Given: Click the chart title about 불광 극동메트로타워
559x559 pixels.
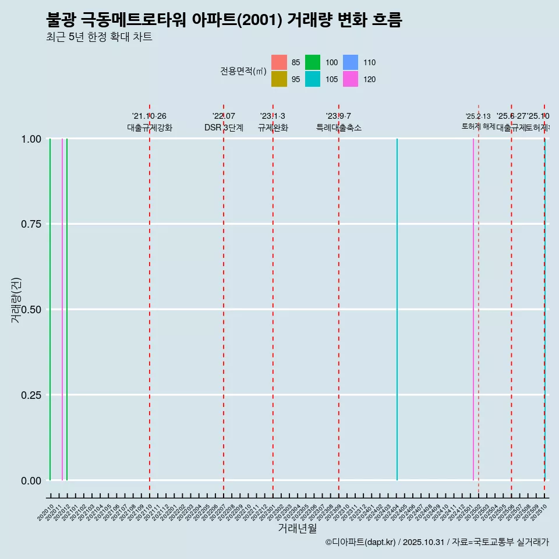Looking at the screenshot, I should pos(224,20).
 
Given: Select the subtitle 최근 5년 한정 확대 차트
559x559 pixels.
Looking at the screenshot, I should pos(99,37).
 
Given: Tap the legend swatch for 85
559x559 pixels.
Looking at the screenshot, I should pos(279,62).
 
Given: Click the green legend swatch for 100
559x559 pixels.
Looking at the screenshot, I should pos(313,62).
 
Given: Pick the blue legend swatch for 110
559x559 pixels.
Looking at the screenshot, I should pos(350,62).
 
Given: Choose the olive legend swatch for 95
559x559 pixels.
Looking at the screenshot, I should pos(279,79).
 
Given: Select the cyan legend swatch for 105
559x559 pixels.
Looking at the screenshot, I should pos(313,79).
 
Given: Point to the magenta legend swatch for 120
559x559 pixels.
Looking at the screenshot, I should pos(350,79).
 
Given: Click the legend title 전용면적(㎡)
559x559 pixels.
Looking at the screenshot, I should pos(243,71).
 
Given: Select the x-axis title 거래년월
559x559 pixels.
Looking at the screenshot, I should pos(297,528).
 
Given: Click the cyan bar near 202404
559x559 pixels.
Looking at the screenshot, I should pos(397,309).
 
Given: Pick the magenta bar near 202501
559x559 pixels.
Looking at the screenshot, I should pos(473,309).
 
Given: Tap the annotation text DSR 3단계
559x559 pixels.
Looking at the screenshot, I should pos(224,128).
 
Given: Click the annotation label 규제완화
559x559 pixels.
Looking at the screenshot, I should pos(273,128).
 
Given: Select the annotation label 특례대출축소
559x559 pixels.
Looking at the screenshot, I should pos(338,128).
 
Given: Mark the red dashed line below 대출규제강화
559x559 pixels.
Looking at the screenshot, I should pos(150,309).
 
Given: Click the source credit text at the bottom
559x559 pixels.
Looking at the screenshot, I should pos(437,542).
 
